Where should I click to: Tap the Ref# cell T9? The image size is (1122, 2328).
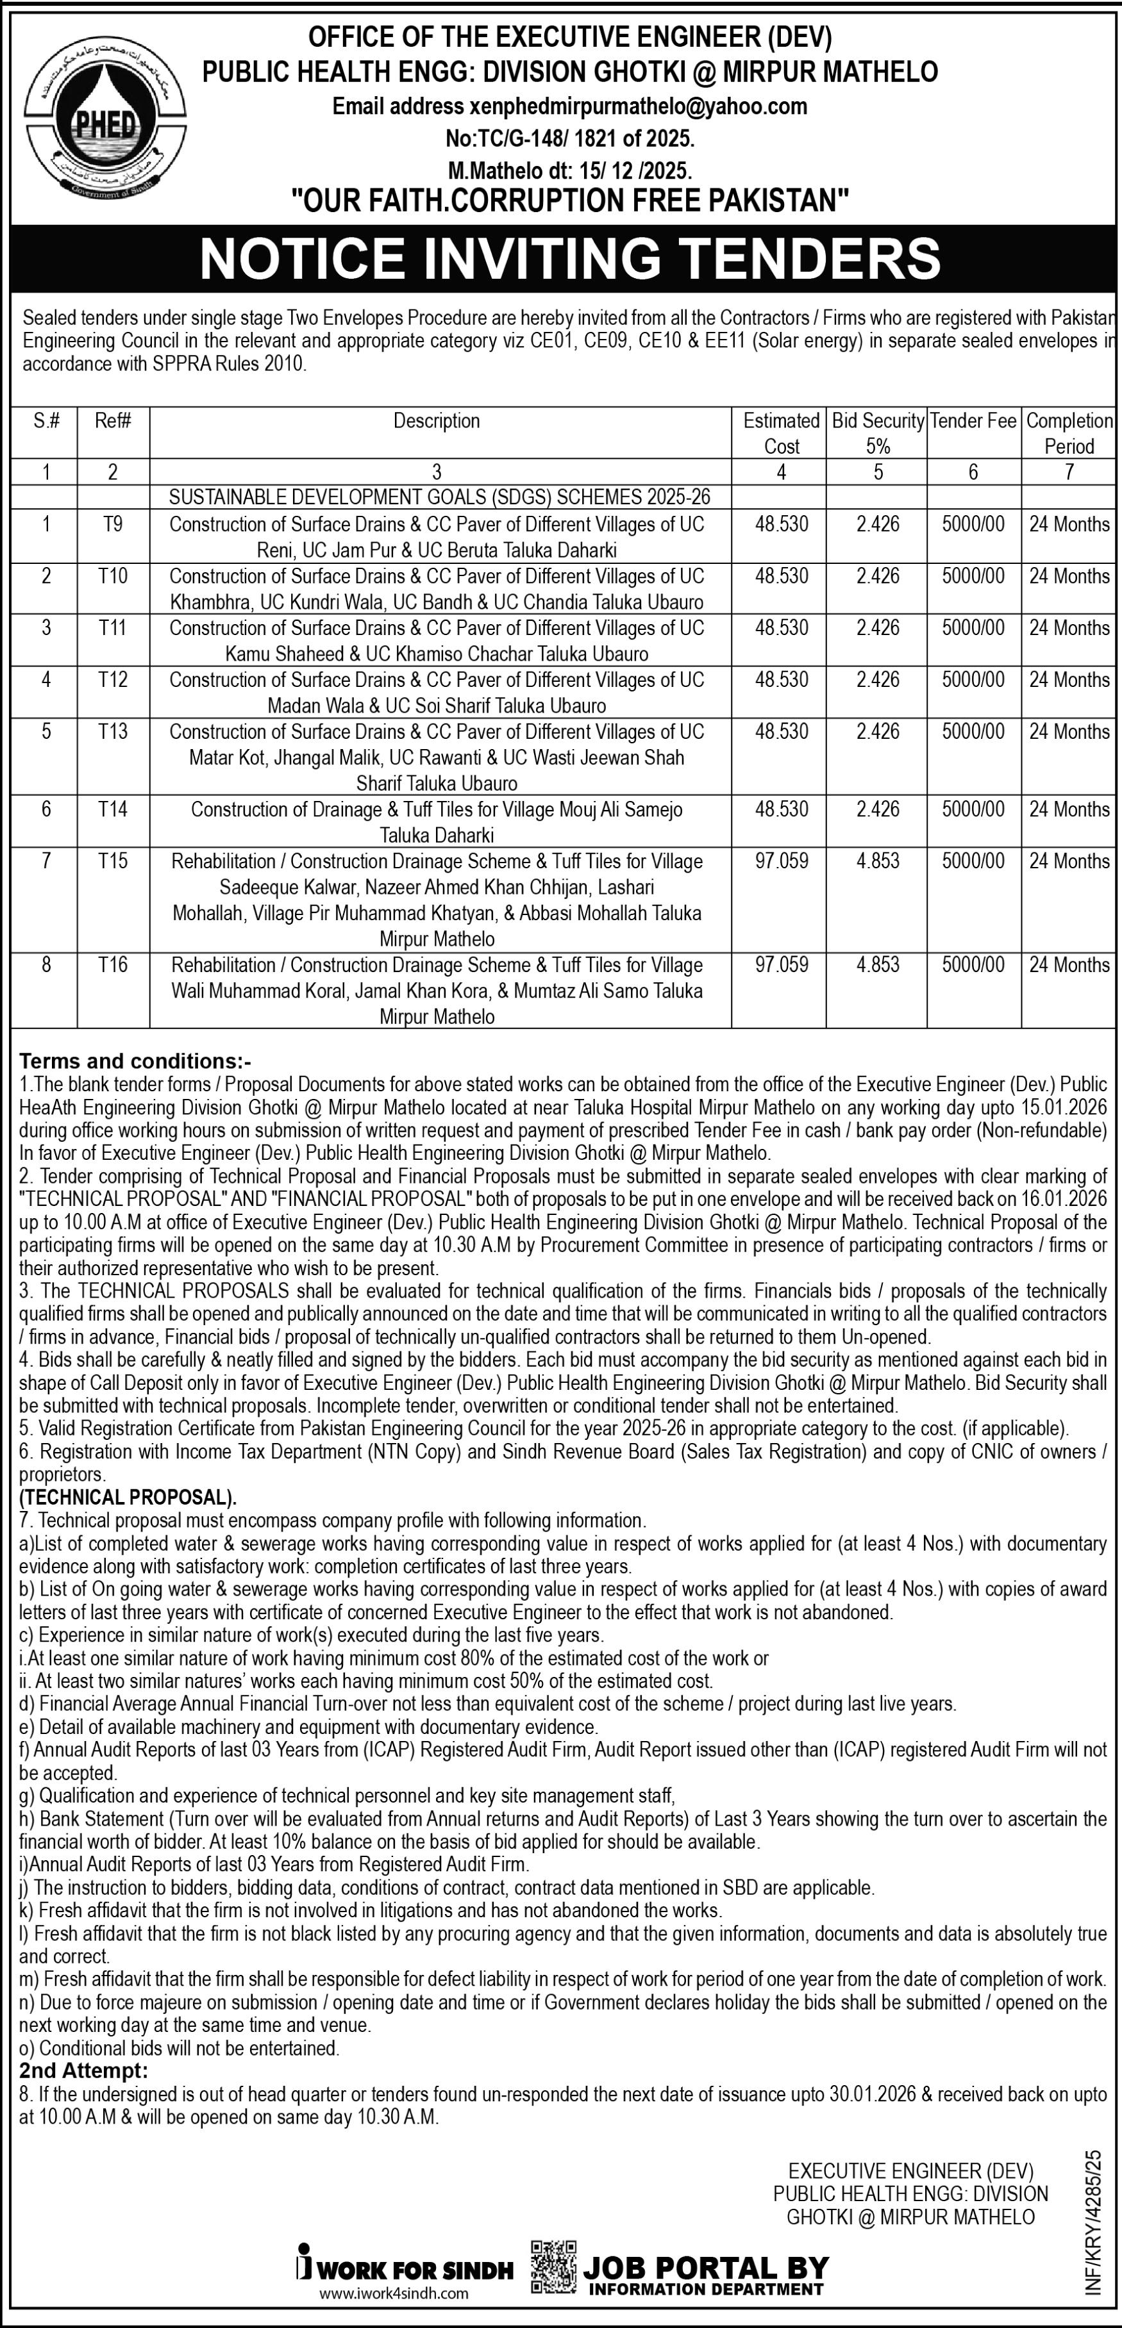[113, 524]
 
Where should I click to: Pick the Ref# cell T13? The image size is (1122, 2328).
[113, 732]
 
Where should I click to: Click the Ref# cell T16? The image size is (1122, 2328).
[113, 965]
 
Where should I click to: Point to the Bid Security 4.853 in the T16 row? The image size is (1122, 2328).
[878, 965]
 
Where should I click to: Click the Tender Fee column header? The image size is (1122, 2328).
[974, 421]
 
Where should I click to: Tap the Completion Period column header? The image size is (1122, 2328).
[1069, 433]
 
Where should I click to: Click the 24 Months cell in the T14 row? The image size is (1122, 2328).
[1069, 810]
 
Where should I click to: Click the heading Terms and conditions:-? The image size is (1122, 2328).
[136, 1061]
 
